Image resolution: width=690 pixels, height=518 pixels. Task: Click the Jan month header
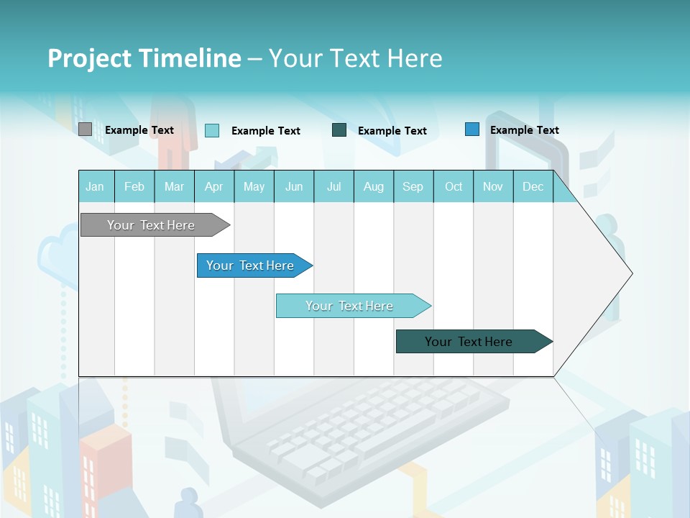click(95, 186)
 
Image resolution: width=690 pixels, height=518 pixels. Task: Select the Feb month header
click(134, 186)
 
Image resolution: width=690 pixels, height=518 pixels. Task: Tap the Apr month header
click(214, 186)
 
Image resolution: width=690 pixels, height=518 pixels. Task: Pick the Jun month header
click(294, 186)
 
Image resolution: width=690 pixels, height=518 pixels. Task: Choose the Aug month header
click(374, 186)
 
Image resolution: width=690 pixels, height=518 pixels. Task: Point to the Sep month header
click(413, 186)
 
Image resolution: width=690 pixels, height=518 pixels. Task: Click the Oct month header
click(454, 186)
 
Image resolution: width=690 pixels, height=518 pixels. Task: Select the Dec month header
click(533, 186)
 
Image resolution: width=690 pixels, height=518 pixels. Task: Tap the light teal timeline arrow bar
click(351, 306)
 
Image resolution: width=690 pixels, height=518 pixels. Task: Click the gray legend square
click(85, 129)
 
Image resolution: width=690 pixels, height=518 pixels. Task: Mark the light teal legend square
click(212, 130)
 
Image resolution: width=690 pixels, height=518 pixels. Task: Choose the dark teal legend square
click(339, 129)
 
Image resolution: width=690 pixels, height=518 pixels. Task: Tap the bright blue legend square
click(472, 129)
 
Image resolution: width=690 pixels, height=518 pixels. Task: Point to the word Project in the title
click(89, 58)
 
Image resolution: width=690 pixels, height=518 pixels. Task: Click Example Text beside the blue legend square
click(524, 129)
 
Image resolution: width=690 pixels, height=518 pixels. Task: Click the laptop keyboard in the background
click(374, 424)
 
